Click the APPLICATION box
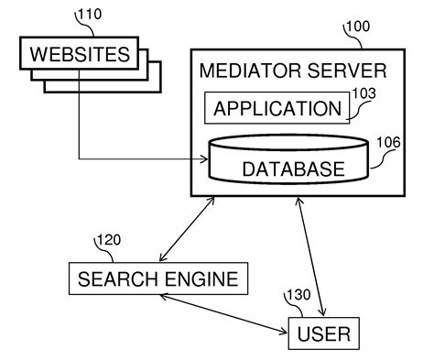click(x=276, y=109)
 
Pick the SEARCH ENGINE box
click(x=158, y=277)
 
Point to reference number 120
click(x=109, y=241)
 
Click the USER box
click(x=324, y=333)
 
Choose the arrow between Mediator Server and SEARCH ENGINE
click(x=188, y=228)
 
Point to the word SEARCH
click(x=116, y=277)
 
